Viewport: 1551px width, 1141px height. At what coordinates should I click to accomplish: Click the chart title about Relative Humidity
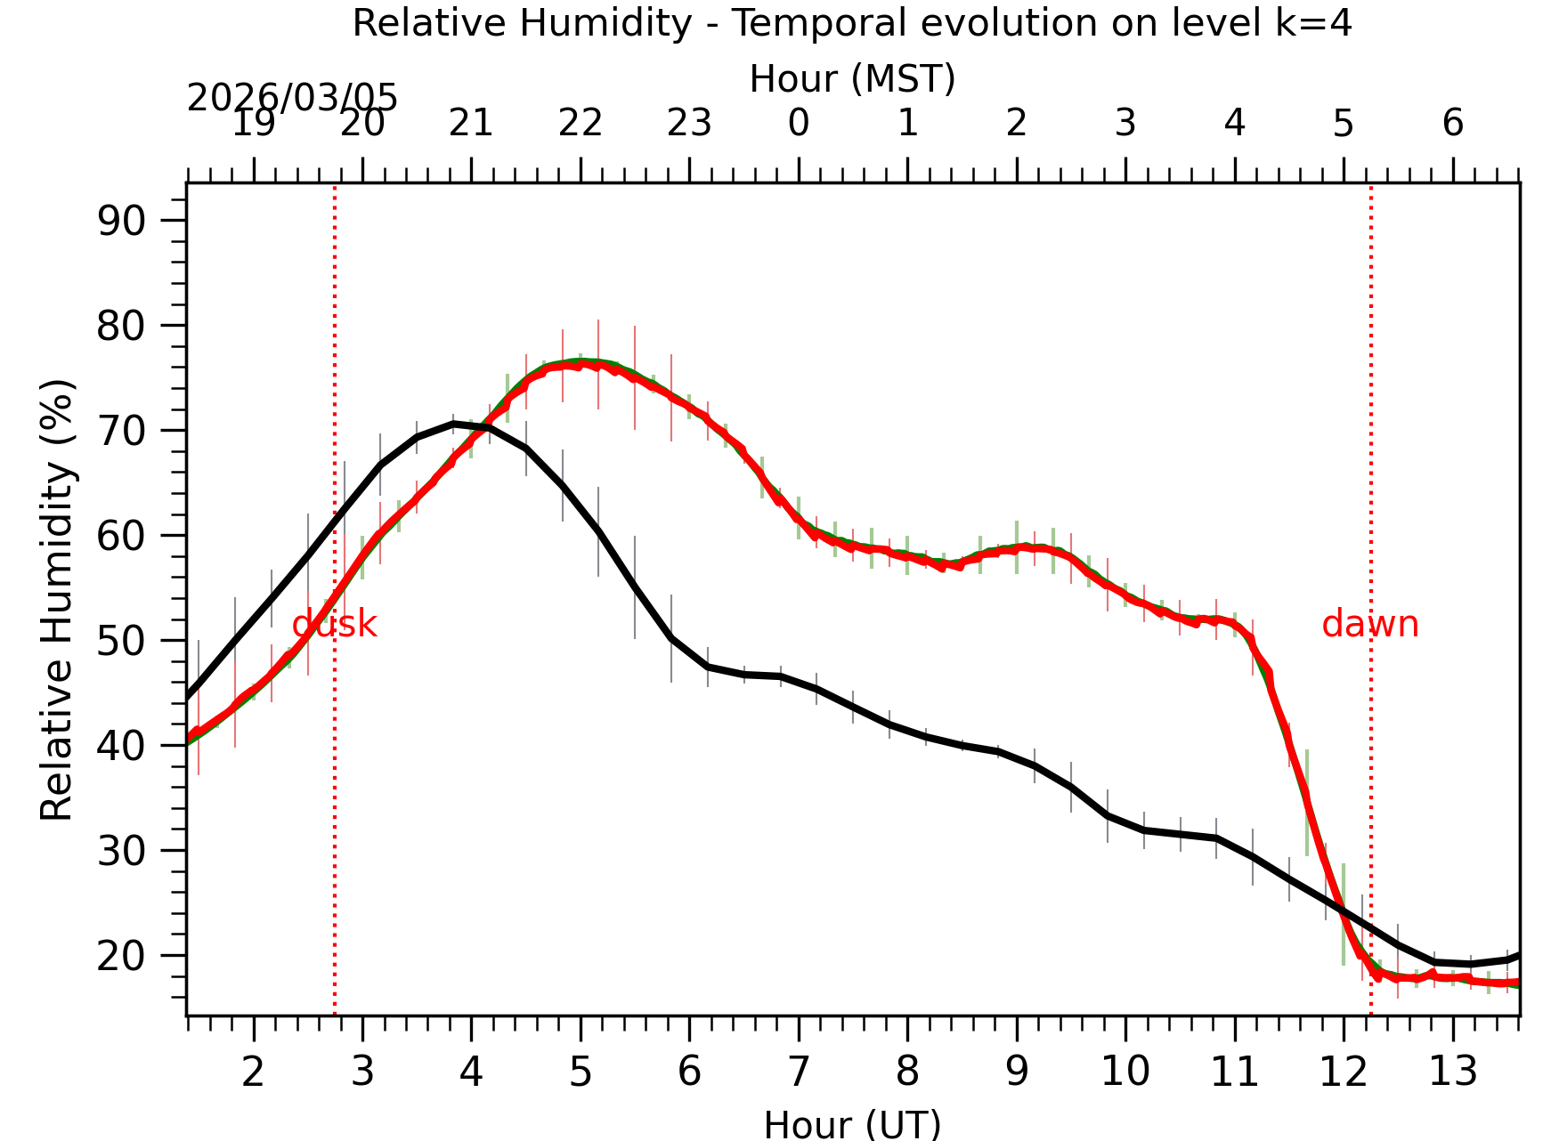click(x=852, y=23)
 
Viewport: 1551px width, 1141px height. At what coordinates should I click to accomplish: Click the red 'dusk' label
click(x=335, y=624)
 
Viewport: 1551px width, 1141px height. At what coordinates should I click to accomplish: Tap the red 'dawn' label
click(x=1369, y=624)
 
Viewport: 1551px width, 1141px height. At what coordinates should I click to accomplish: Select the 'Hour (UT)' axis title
click(x=852, y=1123)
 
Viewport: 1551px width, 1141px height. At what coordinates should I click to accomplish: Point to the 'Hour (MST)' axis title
click(x=852, y=79)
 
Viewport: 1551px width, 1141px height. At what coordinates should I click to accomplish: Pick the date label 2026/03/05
click(x=292, y=98)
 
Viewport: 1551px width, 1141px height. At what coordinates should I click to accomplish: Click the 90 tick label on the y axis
click(x=121, y=221)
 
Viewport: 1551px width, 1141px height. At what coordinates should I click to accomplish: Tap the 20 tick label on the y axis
click(x=121, y=956)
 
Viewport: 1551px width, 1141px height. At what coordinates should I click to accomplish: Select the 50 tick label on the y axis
click(x=121, y=641)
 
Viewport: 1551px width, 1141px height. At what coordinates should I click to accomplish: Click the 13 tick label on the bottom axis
click(x=1452, y=1072)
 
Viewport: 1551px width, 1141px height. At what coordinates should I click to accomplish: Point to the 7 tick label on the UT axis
click(x=799, y=1072)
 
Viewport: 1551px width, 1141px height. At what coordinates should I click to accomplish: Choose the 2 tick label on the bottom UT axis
click(x=254, y=1072)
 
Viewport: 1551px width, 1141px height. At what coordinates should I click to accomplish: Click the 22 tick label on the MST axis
click(x=581, y=123)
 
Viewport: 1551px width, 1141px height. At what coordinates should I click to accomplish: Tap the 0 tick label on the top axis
click(x=799, y=123)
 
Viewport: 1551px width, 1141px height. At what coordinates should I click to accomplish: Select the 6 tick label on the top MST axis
click(x=1452, y=123)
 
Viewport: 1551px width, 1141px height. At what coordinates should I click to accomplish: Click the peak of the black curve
click(x=454, y=424)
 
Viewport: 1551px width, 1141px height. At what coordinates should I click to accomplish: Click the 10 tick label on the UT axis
click(x=1125, y=1072)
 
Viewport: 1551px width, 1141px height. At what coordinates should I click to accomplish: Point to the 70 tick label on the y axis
click(x=121, y=431)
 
